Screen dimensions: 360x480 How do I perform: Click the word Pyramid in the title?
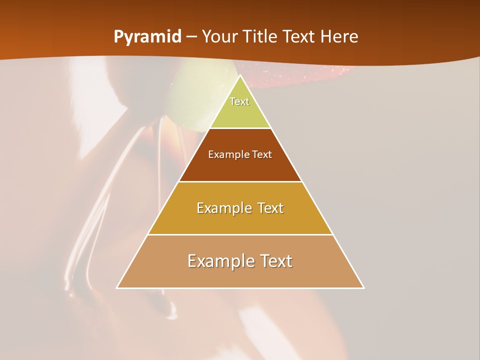coord(147,37)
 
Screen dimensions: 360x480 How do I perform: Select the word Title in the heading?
coord(264,37)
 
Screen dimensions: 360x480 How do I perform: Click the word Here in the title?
coord(339,37)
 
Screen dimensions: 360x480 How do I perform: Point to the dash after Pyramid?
coord(191,37)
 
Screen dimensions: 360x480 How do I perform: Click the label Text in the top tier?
coord(239,101)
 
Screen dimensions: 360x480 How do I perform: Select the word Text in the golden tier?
coord(268,208)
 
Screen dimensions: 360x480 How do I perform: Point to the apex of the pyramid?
coord(240,76)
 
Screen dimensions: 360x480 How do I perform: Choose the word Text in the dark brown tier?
coord(262,155)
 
